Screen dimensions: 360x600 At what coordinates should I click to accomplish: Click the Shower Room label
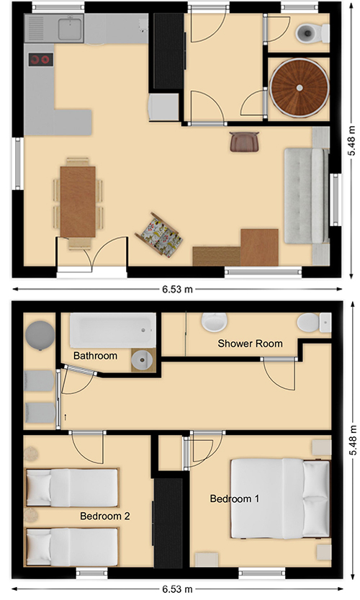point(250,344)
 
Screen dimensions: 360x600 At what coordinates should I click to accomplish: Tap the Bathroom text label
point(95,356)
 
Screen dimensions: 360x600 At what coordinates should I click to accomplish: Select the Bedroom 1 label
point(235,498)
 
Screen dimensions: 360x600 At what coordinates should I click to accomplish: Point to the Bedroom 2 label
point(105,516)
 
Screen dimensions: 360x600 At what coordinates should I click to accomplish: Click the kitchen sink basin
point(71,29)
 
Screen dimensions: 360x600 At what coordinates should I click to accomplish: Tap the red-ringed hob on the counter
point(40,59)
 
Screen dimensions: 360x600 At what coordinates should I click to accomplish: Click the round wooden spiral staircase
point(300,88)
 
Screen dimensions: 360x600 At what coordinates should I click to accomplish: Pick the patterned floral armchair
point(159,233)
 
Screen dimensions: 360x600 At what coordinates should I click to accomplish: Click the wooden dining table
point(78,202)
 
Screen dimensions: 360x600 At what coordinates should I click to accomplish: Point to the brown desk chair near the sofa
point(245,141)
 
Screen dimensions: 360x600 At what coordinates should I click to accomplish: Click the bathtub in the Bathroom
point(113,331)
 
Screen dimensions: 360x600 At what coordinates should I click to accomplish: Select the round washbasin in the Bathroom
point(142,359)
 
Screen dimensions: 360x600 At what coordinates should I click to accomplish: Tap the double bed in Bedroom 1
point(280,498)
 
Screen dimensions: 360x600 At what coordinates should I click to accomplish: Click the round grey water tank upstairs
point(40,335)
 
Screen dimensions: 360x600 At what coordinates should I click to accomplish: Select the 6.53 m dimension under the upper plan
point(177,290)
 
